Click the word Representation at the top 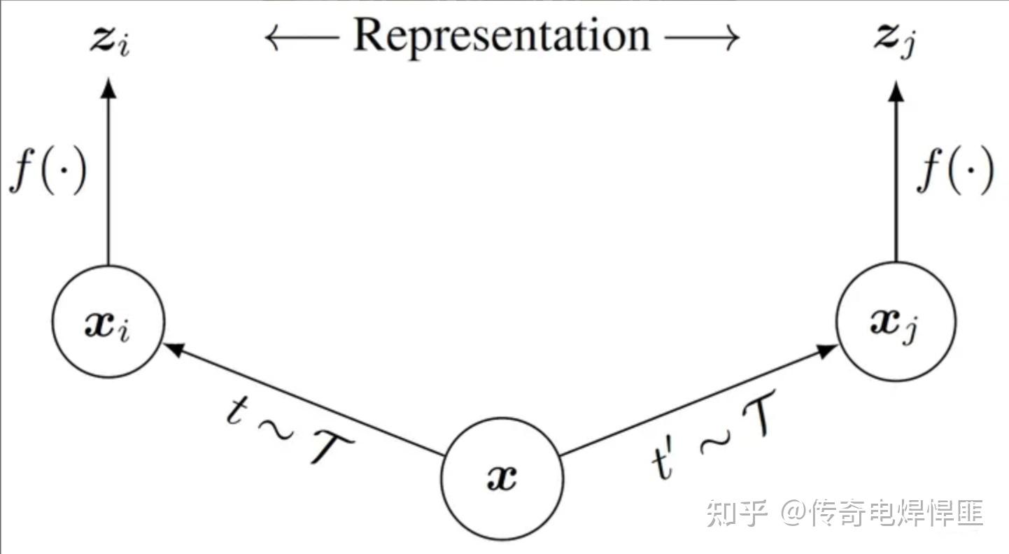502,35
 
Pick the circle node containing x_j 896,321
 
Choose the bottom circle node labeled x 502,478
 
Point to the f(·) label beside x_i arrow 48,171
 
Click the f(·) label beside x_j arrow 955,171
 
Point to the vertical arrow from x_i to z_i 108,175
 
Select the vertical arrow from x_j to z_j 896,175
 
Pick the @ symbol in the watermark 793,514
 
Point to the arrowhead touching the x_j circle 828,350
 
